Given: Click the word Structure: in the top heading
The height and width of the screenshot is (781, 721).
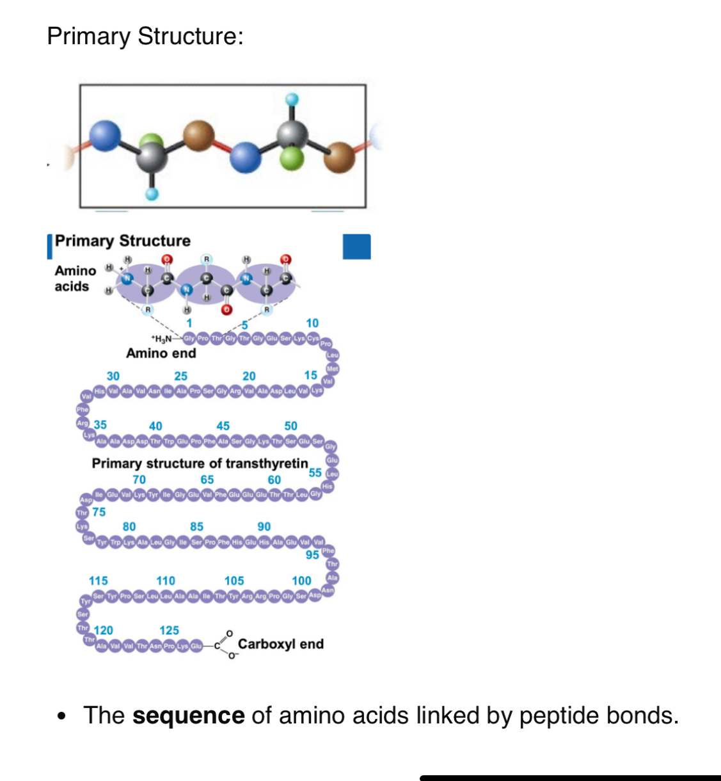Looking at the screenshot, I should click(191, 36).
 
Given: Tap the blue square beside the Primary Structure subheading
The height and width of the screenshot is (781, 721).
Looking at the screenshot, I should click(356, 246).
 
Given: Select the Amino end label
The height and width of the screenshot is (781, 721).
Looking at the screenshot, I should click(161, 353).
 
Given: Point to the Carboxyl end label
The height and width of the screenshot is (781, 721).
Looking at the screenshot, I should click(280, 644).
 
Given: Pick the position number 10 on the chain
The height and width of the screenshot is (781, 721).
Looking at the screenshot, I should click(312, 323).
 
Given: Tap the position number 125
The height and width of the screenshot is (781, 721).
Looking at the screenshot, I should click(169, 631).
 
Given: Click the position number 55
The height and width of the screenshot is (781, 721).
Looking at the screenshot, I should click(315, 472).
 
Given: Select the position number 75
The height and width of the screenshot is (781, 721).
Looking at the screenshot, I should click(99, 512).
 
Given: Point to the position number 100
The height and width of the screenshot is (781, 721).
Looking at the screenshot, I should click(301, 581).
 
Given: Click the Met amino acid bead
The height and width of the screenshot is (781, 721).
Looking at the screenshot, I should click(332, 369).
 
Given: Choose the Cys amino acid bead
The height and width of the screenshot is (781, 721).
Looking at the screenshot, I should click(313, 338).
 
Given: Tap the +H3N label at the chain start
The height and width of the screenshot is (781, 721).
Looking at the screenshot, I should click(161, 339).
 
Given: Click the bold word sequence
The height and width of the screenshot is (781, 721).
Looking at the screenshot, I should click(188, 715).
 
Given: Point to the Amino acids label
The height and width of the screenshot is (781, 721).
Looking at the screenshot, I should click(75, 278).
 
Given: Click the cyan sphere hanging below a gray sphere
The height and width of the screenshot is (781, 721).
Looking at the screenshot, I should click(152, 193).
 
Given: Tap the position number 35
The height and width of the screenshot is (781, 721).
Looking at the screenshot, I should click(100, 425).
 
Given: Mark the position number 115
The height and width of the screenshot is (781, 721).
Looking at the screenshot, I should click(98, 581).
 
